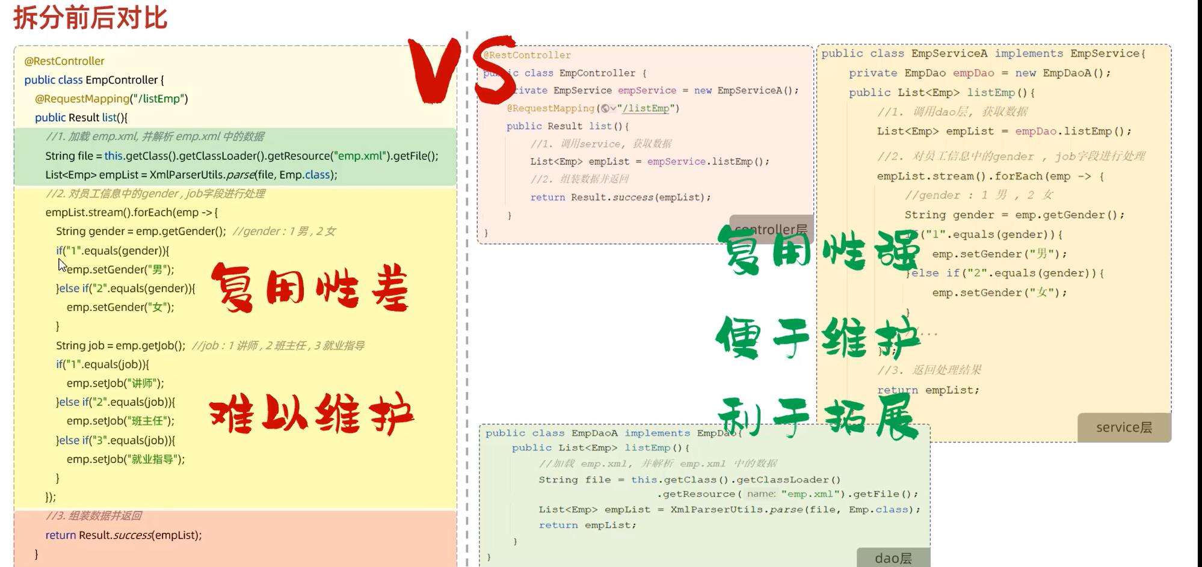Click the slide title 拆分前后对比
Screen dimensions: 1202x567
click(90, 17)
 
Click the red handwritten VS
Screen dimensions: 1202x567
click(461, 69)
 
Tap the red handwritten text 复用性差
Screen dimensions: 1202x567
click(310, 289)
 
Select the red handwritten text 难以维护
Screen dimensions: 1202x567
click(311, 414)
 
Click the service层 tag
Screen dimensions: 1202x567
click(1123, 428)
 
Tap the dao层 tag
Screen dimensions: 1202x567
click(893, 558)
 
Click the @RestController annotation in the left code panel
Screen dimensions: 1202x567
click(64, 61)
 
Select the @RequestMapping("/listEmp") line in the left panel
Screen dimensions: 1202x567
click(111, 99)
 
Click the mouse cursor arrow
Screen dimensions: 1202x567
click(61, 265)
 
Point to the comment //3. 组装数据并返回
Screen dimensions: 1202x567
click(94, 516)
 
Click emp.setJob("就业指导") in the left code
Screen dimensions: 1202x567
click(126, 459)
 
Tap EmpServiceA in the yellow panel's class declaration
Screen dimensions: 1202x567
click(949, 54)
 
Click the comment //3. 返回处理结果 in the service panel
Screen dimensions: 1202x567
click(929, 370)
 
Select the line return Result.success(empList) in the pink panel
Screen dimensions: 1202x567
click(620, 197)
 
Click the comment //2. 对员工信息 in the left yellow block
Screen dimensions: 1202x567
click(155, 194)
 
